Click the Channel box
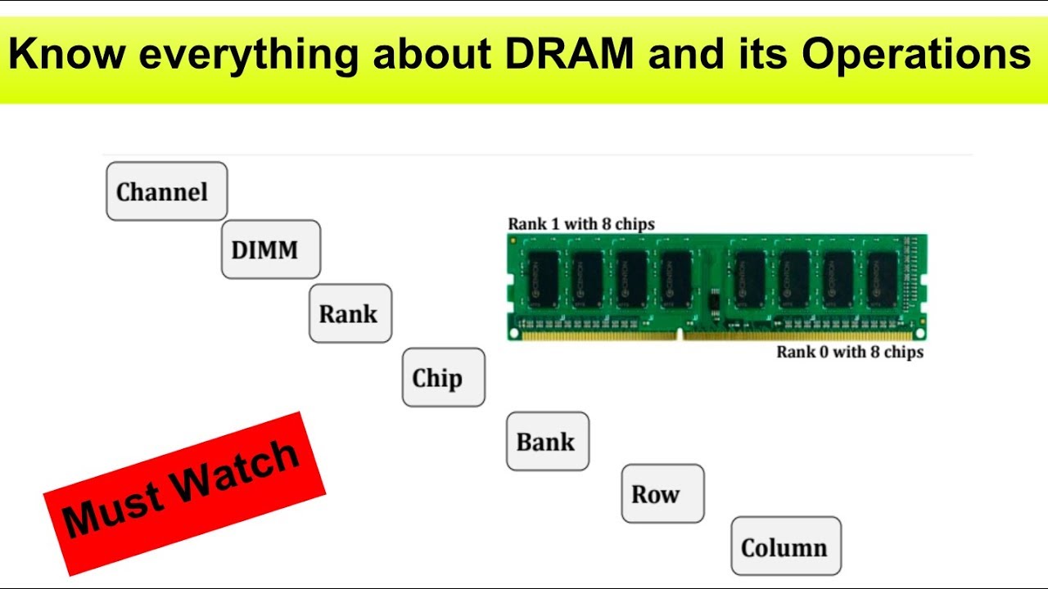166,191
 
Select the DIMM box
270,250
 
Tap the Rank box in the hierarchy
350,313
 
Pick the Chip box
443,377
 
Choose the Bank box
547,442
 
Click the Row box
662,493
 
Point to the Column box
785,546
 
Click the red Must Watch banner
184,492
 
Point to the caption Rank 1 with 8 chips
581,223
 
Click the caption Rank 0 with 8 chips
850,352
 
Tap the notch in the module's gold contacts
680,334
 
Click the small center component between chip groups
714,301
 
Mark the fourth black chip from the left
676,278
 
